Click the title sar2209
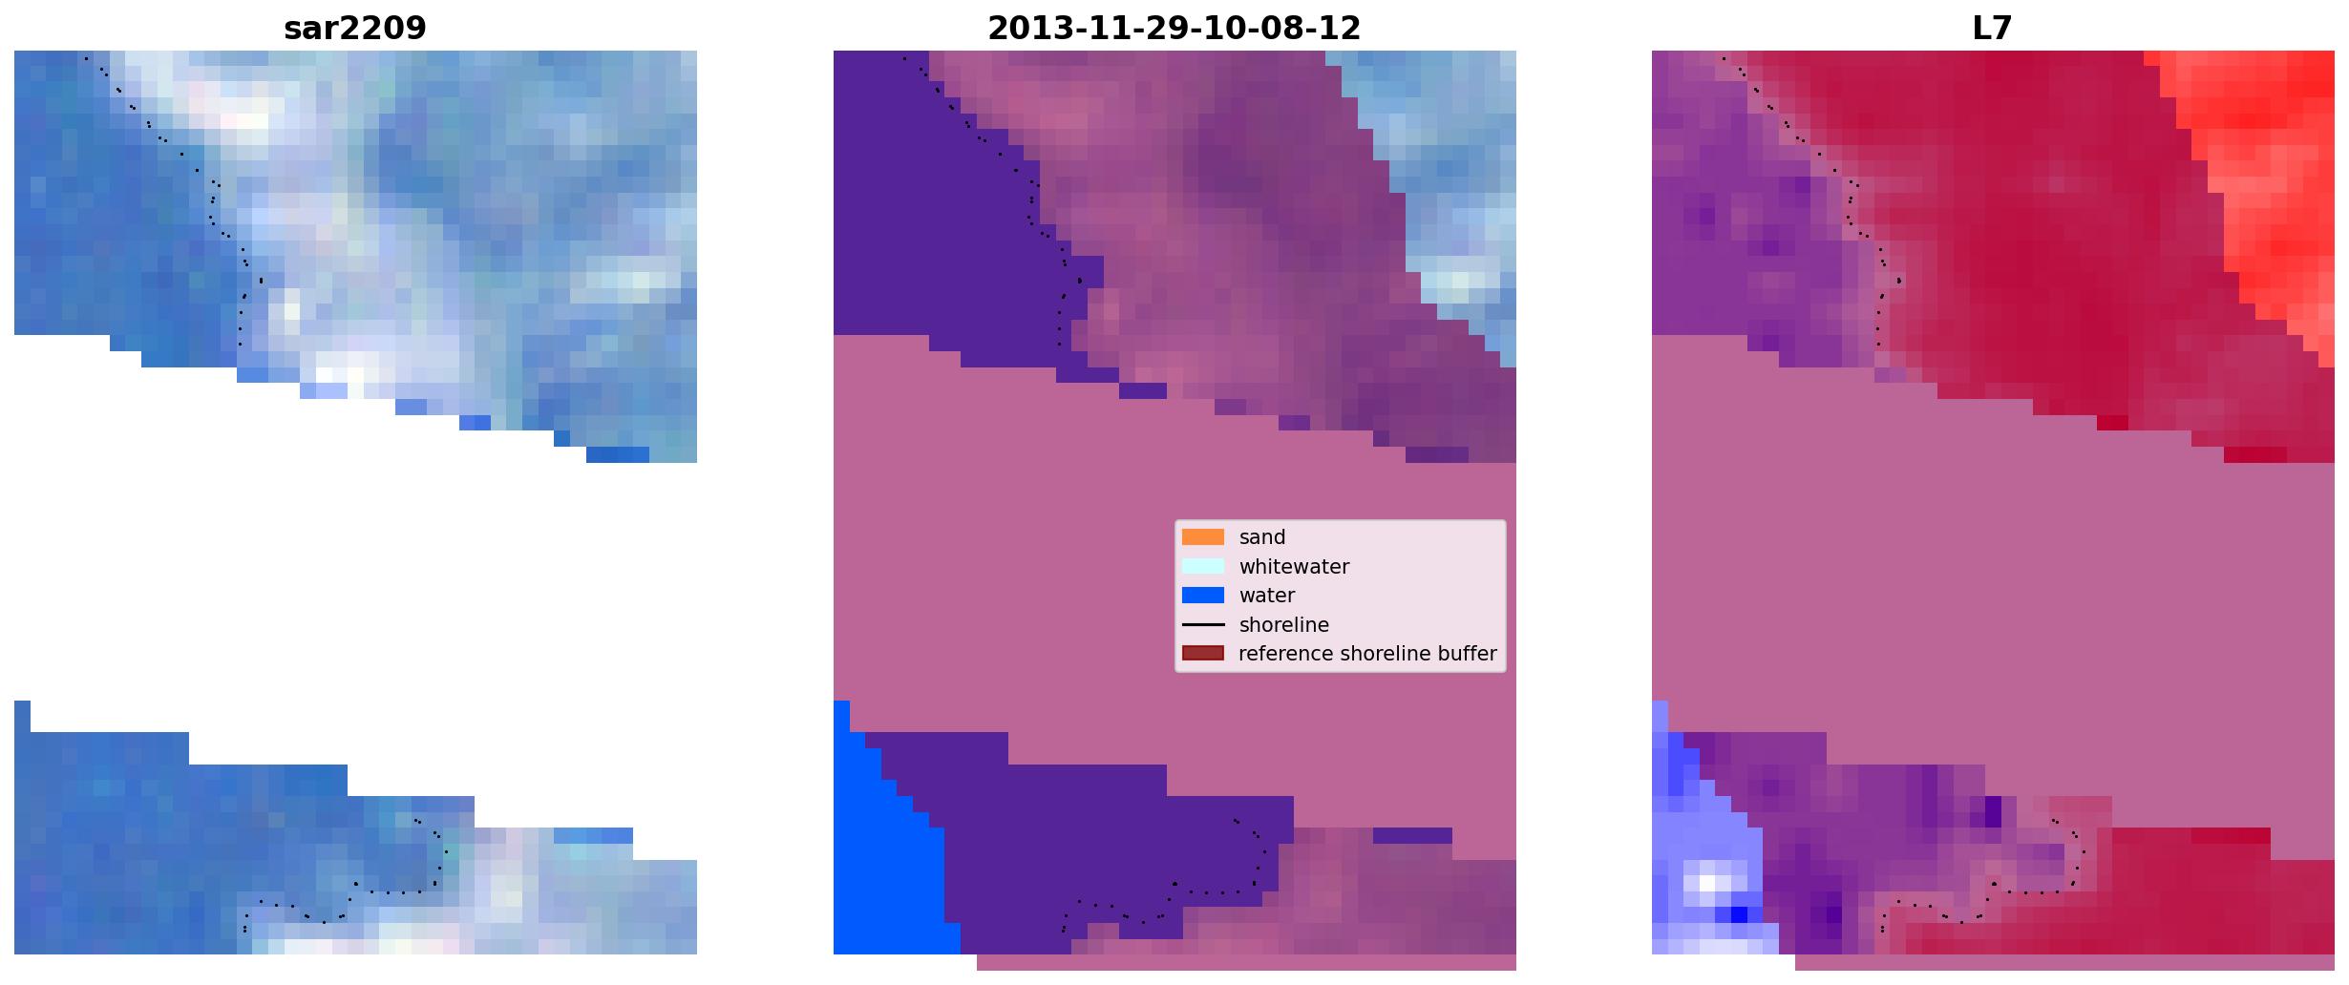click(x=354, y=29)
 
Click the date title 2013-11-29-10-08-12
click(x=1174, y=29)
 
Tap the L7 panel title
click(x=1992, y=29)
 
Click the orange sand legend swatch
click(x=1202, y=537)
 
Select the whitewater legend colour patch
click(x=1202, y=566)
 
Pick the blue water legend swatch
click(x=1202, y=596)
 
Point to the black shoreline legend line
click(x=1202, y=625)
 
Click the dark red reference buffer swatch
click(x=1202, y=654)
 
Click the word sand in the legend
click(x=1262, y=537)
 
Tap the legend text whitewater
click(x=1294, y=567)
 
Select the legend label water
click(x=1267, y=596)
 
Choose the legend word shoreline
click(x=1284, y=625)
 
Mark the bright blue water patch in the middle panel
click(x=883, y=849)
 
